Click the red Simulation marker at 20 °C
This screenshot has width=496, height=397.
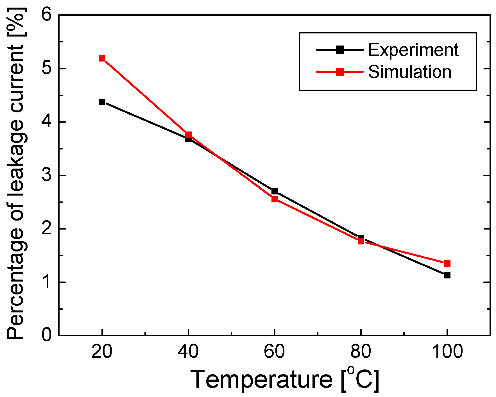pos(102,58)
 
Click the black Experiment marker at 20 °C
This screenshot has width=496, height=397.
pos(102,102)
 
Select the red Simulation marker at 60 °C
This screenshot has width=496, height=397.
pos(275,199)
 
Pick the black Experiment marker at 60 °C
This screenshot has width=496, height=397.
pos(275,191)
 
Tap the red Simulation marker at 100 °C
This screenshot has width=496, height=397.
pos(447,264)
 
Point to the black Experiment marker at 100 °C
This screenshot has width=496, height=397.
pos(447,275)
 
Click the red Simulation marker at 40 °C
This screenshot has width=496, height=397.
pos(188,135)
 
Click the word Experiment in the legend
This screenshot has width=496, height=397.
pos(413,50)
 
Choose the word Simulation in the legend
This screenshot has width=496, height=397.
pos(409,72)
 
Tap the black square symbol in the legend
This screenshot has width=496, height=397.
pos(340,50)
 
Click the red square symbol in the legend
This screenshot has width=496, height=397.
pos(340,72)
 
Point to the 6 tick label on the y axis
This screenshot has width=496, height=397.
pos(47,15)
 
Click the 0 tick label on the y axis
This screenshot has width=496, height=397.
pos(47,335)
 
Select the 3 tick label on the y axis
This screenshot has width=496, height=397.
pos(47,175)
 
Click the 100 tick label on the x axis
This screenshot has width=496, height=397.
pos(447,351)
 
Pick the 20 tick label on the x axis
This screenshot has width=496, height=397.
pos(102,351)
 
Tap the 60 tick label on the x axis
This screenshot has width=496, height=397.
pos(275,351)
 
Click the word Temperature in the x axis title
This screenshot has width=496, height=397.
pos(261,380)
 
